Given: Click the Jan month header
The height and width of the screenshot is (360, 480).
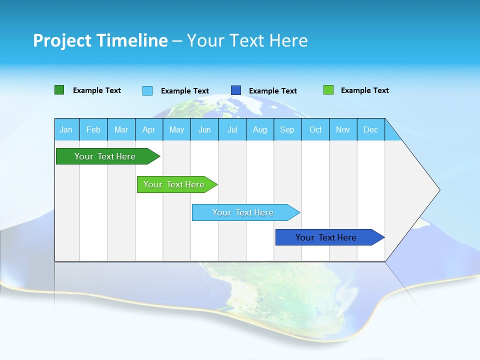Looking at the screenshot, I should click(x=66, y=129).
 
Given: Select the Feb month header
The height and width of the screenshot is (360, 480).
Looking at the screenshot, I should click(x=93, y=129).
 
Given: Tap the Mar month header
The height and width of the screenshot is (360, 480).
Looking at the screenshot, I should click(x=121, y=129).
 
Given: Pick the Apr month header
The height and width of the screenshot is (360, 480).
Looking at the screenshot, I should click(x=149, y=129).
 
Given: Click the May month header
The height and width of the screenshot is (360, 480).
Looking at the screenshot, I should click(x=176, y=129).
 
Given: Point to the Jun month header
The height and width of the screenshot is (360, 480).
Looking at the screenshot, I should click(x=204, y=129).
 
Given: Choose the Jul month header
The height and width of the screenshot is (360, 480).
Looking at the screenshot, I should click(x=232, y=129).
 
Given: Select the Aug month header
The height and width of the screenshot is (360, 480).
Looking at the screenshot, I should click(x=260, y=129).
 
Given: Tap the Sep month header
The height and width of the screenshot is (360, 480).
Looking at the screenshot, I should click(x=287, y=129).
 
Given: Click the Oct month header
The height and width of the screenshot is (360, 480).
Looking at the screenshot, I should click(x=315, y=129).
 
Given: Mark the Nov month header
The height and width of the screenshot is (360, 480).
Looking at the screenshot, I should click(x=343, y=129).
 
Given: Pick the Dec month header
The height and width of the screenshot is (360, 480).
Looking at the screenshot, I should click(x=371, y=129).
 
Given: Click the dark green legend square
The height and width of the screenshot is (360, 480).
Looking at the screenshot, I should click(x=59, y=90).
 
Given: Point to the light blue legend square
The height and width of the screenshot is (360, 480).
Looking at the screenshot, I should click(x=147, y=90).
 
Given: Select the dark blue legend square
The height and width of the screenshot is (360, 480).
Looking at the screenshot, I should click(x=236, y=90).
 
